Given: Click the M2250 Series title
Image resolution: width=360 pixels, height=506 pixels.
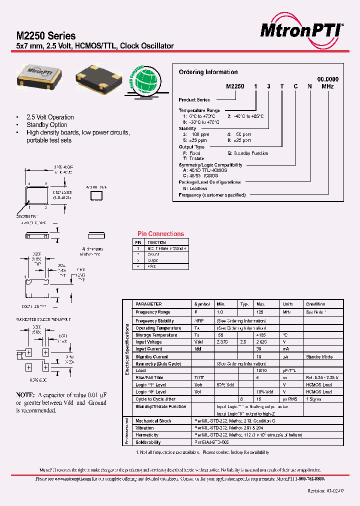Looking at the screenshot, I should (x=46, y=36).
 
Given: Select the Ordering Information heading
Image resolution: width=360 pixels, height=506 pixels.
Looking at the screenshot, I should (x=208, y=72).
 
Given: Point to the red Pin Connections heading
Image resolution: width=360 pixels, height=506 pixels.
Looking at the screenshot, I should (x=160, y=233).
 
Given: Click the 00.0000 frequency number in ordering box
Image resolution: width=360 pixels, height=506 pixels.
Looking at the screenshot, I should (x=328, y=79).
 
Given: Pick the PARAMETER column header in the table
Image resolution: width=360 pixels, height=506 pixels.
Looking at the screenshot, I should (x=148, y=304).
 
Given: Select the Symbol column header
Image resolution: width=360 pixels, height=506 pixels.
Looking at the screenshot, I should (x=202, y=304).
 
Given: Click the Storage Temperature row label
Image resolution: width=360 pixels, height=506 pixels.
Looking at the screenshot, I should (x=156, y=335).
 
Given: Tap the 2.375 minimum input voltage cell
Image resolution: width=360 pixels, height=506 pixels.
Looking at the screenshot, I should (x=222, y=342).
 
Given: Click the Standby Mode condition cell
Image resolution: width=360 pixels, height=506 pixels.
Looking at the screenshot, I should (x=318, y=357).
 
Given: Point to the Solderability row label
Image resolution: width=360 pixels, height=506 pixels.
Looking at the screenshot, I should (x=148, y=442).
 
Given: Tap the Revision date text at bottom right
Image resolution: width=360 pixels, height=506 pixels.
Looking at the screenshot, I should (x=325, y=491).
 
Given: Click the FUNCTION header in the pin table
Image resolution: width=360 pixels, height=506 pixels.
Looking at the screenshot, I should (x=156, y=242).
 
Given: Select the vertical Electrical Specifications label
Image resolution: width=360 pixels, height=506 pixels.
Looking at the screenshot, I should (x=127, y=348).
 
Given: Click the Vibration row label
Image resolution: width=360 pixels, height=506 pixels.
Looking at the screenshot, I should (x=144, y=428).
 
